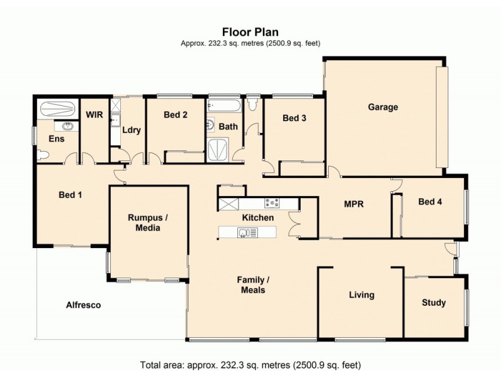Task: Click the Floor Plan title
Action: (250, 31)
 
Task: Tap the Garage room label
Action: (383, 107)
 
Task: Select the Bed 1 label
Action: (70, 195)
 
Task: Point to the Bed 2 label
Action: (176, 115)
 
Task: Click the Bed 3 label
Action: (294, 118)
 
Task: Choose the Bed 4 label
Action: (430, 201)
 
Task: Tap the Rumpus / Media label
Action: (148, 222)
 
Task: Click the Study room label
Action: (433, 303)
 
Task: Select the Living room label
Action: (361, 295)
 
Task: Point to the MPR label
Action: (354, 204)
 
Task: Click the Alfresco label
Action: (83, 305)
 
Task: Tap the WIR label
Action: (95, 115)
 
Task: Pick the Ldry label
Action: (131, 130)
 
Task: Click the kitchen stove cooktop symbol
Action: (272, 203)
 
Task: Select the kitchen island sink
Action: (244, 233)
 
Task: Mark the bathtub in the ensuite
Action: (58, 110)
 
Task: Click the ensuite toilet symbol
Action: (43, 154)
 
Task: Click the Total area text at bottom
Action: (250, 364)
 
